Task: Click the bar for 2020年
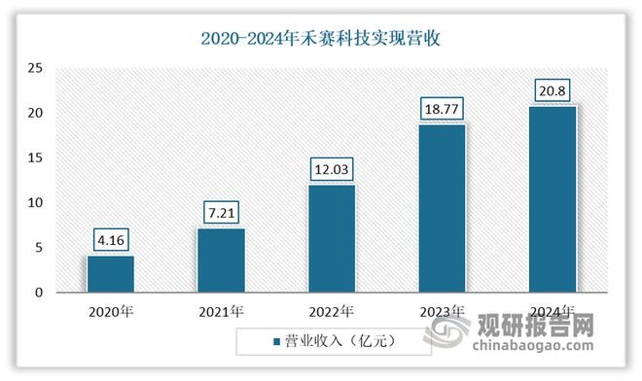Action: pyautogui.click(x=111, y=273)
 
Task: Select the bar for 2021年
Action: pyautogui.click(x=221, y=260)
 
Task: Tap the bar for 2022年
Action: pyautogui.click(x=332, y=238)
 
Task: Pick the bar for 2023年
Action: pyautogui.click(x=442, y=207)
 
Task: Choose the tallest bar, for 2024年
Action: pyautogui.click(x=553, y=198)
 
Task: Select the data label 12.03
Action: pyautogui.click(x=332, y=169)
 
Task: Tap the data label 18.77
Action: pyautogui.click(x=442, y=109)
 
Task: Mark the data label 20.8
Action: pyautogui.click(x=553, y=91)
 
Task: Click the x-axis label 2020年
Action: pyautogui.click(x=111, y=311)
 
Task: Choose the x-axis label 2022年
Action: pyautogui.click(x=332, y=311)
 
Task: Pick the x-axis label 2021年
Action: pyautogui.click(x=221, y=311)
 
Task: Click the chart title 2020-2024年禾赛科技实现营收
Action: pyautogui.click(x=321, y=38)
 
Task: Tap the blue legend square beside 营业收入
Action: pyautogui.click(x=274, y=341)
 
